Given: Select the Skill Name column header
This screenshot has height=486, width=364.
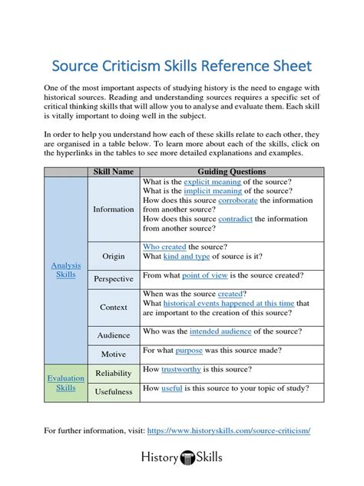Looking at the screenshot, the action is [x=113, y=171].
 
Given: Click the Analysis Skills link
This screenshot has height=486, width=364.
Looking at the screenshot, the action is [x=66, y=269].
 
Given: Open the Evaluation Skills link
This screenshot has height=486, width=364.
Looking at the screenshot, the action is [x=66, y=383].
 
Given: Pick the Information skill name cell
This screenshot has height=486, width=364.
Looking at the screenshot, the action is [x=113, y=209].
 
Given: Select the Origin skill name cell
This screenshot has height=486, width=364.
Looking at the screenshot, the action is [x=113, y=256].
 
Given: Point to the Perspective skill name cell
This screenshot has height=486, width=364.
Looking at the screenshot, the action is [x=113, y=278].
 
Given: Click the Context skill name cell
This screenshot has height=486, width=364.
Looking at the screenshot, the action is [x=113, y=308].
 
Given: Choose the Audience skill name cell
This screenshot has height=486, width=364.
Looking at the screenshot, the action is [x=113, y=335].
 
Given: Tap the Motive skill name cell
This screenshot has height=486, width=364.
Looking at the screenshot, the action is [x=113, y=355].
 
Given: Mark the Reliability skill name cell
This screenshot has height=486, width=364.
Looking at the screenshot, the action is [x=113, y=373].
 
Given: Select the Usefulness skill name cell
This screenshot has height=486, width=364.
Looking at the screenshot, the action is [x=113, y=391].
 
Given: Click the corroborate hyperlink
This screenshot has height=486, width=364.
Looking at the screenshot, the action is [x=238, y=200].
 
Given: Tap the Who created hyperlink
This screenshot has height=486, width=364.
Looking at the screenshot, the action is [x=164, y=247].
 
